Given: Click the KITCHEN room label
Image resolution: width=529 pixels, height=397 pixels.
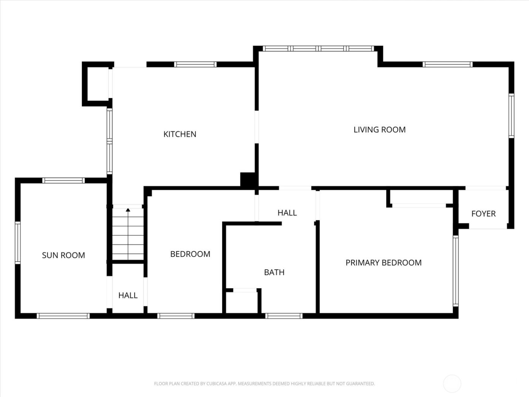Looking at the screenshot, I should pyautogui.click(x=179, y=134).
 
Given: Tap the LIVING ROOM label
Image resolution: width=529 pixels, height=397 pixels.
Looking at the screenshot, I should pyautogui.click(x=379, y=130).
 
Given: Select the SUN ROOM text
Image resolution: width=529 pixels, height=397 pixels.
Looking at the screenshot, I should pyautogui.click(x=63, y=255).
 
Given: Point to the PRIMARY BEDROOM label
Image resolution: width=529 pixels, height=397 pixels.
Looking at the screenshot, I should pyautogui.click(x=383, y=263).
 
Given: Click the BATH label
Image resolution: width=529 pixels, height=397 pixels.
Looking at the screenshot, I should pyautogui.click(x=274, y=272).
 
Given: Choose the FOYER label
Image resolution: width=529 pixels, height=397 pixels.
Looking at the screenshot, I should pyautogui.click(x=483, y=214).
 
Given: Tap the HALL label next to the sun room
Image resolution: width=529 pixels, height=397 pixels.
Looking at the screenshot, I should pyautogui.click(x=128, y=295).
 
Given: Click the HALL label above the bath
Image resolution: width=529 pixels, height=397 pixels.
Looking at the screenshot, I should pyautogui.click(x=287, y=213).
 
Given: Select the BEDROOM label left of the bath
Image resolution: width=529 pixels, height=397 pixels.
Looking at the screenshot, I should pyautogui.click(x=190, y=254).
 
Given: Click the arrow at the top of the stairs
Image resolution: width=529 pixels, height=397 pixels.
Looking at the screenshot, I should pyautogui.click(x=128, y=210).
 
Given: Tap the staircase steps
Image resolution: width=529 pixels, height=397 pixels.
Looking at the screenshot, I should pyautogui.click(x=128, y=236).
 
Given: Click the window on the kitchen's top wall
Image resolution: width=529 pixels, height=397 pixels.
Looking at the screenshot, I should pyautogui.click(x=195, y=64).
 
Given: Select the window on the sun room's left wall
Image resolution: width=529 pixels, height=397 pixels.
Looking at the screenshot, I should pyautogui.click(x=18, y=242).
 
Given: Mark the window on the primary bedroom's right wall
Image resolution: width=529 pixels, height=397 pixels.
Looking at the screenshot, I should pyautogui.click(x=455, y=270).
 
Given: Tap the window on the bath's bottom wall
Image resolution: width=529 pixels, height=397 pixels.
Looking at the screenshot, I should pyautogui.click(x=284, y=316).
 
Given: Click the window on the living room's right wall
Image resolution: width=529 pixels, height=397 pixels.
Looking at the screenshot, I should pyautogui.click(x=511, y=115).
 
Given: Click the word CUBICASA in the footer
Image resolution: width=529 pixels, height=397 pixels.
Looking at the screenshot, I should pyautogui.click(x=217, y=384).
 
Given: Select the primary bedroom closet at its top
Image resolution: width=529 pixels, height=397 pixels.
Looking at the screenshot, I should pyautogui.click(x=419, y=197).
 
